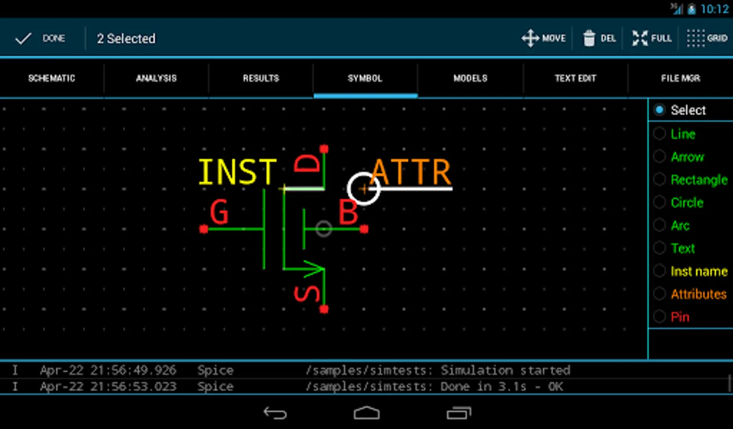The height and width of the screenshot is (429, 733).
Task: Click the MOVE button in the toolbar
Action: point(544,39)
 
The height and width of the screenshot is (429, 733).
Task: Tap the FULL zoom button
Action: point(651,39)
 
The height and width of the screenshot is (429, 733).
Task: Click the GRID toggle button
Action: point(707,39)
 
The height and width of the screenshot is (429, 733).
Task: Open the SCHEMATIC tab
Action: point(52,78)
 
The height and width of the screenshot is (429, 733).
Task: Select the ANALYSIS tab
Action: point(156,78)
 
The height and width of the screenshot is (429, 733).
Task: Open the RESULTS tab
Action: point(261,78)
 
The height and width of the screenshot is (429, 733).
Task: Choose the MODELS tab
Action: point(470,78)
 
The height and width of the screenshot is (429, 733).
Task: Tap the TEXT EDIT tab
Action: point(575,78)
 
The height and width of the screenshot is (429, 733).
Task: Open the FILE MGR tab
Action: point(681,78)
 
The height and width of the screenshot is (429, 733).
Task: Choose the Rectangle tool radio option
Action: point(660,180)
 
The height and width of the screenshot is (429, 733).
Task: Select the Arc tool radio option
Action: point(660,225)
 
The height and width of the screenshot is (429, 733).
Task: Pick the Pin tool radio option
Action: point(660,317)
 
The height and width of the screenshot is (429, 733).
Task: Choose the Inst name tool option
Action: point(660,271)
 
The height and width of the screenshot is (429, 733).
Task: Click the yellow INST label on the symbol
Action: point(237,172)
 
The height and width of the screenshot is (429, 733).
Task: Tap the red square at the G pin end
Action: point(204,229)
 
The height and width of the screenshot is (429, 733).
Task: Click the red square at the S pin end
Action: point(324,309)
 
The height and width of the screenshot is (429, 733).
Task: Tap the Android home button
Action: point(366,413)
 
